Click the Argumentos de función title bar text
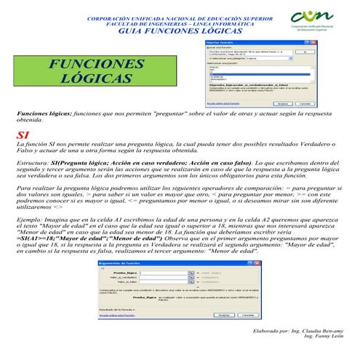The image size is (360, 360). [121, 263]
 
